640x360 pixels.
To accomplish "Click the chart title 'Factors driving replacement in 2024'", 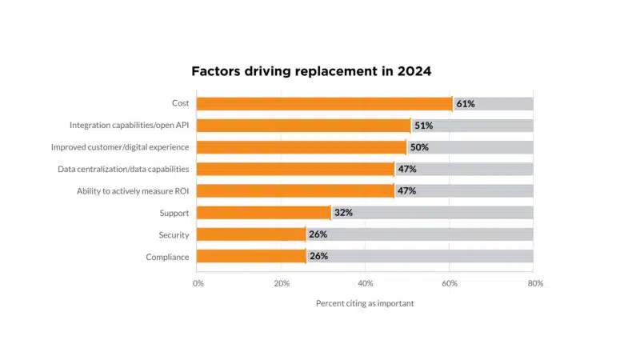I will click(x=311, y=71).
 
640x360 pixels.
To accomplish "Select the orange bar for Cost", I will click(x=324, y=104).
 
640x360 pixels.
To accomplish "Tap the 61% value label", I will click(x=466, y=104).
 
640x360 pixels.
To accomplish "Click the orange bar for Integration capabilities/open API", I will click(x=303, y=126).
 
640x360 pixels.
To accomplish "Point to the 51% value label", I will click(x=423, y=126).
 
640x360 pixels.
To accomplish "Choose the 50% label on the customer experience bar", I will click(x=419, y=147).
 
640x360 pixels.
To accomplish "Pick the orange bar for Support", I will click(x=263, y=213).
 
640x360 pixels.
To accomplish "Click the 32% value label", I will click(x=343, y=213).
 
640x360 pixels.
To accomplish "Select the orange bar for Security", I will click(x=250, y=234).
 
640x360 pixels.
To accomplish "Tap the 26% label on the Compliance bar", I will click(x=318, y=256).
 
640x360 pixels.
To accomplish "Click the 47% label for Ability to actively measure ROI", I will click(x=406, y=191).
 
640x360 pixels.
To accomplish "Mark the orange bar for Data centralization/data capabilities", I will click(x=295, y=169).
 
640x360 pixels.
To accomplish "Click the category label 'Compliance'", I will click(x=167, y=257).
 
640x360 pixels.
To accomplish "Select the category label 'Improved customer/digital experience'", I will click(x=120, y=147).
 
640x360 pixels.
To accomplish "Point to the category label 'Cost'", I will click(x=180, y=103).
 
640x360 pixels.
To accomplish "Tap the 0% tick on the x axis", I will click(x=198, y=283).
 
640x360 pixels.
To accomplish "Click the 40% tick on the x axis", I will click(x=366, y=283).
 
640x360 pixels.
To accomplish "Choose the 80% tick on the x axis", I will click(x=534, y=283).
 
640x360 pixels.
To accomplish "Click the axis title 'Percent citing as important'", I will click(x=365, y=303).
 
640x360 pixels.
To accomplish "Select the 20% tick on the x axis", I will click(x=282, y=283).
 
